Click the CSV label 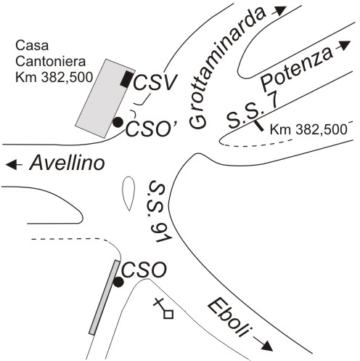coord(155,82)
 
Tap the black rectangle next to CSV coord(126,79)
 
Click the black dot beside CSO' coord(118,122)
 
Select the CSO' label coord(151,129)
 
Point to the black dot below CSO coord(118,282)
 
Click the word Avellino coord(67,163)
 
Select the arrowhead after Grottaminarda coord(281,10)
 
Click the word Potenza coord(296,68)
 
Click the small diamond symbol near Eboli coord(168,314)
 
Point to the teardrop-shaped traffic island coord(128,193)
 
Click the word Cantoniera coord(51,61)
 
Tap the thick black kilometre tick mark coord(259,126)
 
